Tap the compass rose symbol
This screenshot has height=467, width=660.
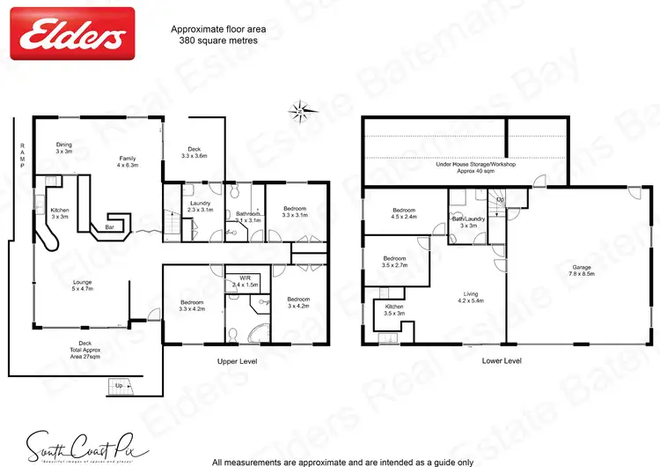300,111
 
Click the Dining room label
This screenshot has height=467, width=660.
64,148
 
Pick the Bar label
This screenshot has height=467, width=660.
111,227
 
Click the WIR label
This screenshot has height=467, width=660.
245,281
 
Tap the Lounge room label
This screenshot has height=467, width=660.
83,286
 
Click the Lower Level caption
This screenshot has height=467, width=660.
501,361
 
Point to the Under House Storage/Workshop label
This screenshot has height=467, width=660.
476,167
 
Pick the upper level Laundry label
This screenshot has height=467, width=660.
202,204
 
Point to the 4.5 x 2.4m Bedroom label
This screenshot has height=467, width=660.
404,213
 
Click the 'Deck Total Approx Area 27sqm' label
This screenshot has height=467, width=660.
84,350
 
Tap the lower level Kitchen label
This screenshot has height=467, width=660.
393,309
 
